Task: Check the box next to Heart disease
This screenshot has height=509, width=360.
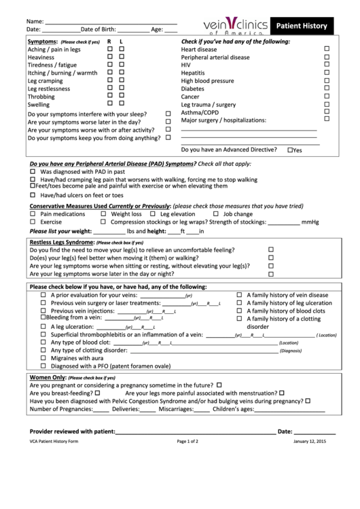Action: [x=327, y=49]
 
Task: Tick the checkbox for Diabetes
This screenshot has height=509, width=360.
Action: [x=327, y=88]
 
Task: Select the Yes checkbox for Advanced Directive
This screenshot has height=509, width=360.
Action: [x=290, y=150]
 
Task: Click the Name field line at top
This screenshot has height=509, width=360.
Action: [x=110, y=22]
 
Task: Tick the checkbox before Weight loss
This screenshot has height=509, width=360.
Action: [x=104, y=213]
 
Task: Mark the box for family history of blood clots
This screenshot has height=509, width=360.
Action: [x=239, y=311]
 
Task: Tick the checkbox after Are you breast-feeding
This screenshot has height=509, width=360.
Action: [x=98, y=393]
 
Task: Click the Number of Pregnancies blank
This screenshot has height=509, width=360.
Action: [x=101, y=409]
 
